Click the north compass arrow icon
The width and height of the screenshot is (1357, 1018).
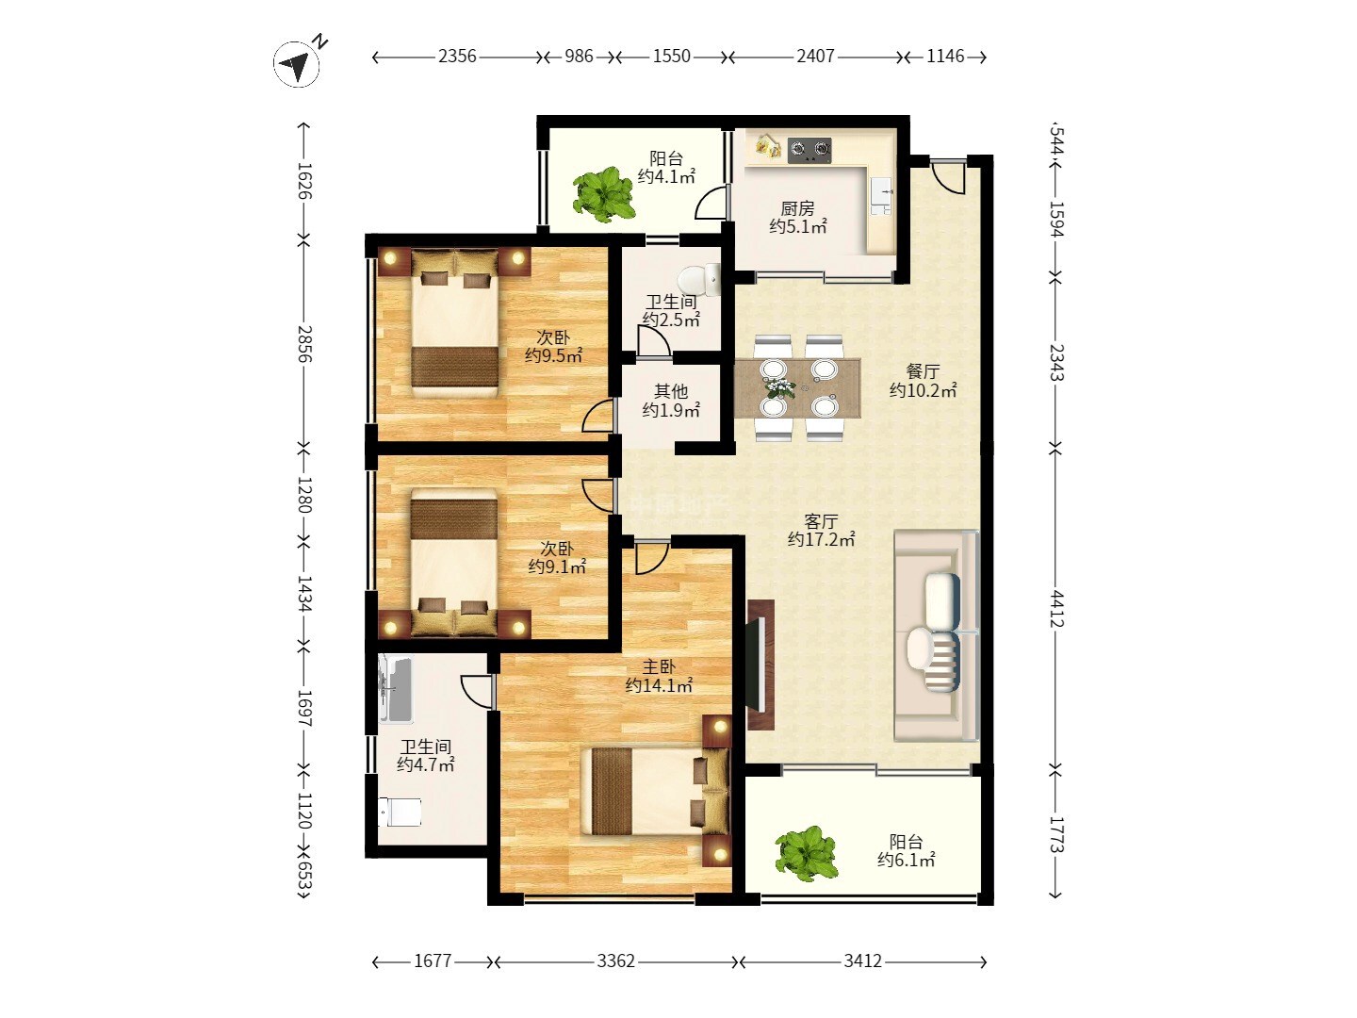[297, 64]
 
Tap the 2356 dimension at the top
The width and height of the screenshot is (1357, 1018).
[457, 57]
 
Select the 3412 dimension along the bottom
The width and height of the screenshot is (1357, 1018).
[862, 961]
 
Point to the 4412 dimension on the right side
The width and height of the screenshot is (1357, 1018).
[1057, 609]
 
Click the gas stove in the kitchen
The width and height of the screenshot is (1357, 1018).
[809, 150]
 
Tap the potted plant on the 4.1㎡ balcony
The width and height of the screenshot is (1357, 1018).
[604, 193]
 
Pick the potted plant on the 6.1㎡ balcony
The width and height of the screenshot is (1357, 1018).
[807, 854]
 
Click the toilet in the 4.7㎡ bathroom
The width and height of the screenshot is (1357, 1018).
[400, 812]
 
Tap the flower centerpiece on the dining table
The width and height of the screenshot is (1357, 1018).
[779, 387]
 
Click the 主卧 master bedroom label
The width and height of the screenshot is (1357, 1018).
[659, 667]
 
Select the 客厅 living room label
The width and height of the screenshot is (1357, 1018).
[821, 521]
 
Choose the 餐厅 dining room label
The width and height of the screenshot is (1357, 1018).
[923, 371]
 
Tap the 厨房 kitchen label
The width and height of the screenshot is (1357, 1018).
[797, 208]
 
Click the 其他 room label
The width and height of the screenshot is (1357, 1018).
[671, 391]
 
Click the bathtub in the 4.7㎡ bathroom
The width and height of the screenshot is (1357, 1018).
[395, 689]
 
